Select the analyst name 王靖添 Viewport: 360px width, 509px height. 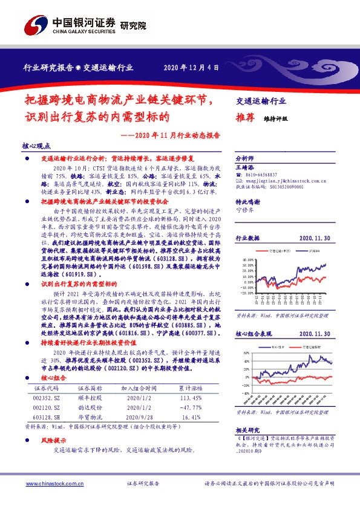pos(244,165)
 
